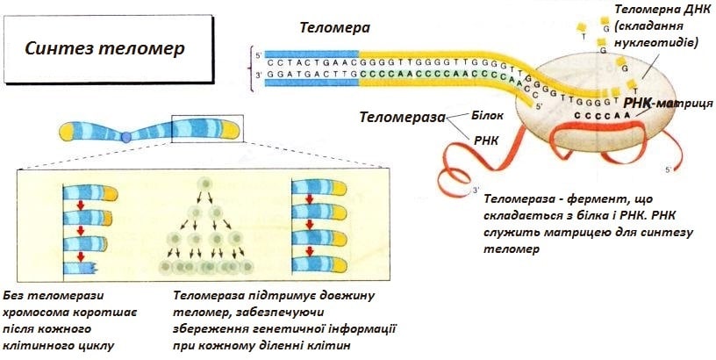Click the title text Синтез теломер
pos(104,48)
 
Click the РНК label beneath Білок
pos(485,139)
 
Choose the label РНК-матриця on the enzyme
pos(662,104)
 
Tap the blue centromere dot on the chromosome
pos(126,137)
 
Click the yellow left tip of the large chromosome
pos(68,133)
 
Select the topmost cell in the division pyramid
pos(204,184)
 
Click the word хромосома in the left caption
pos(36,312)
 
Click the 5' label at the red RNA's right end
pos(669,169)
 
